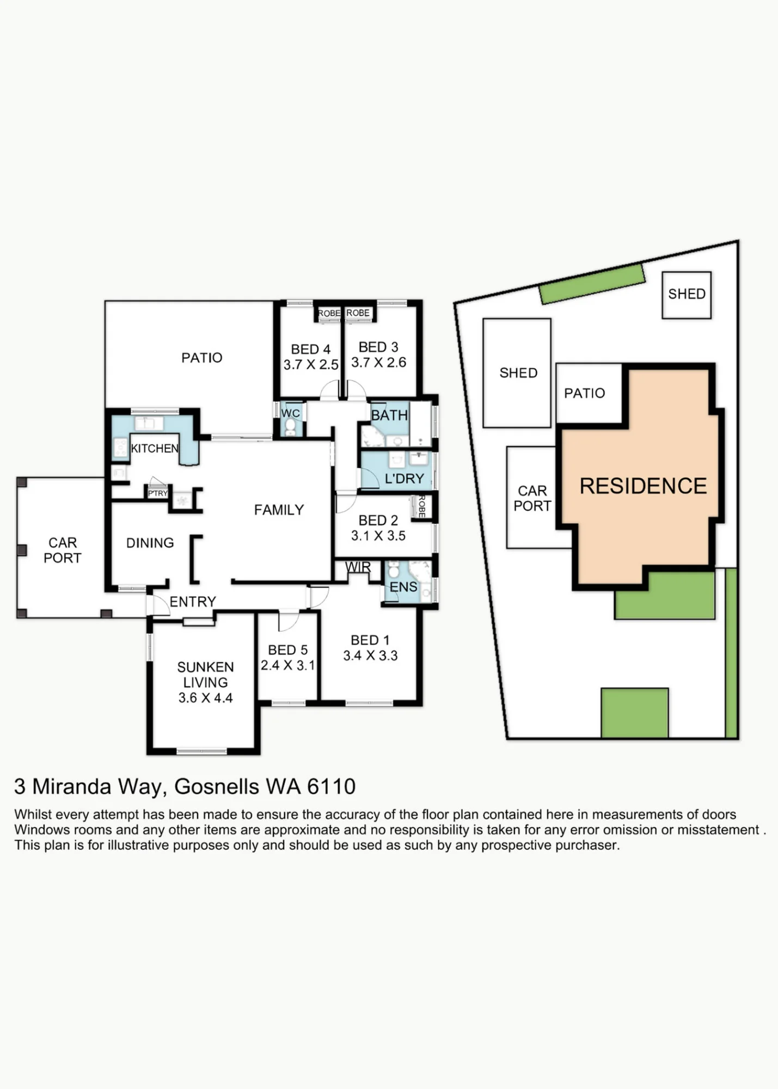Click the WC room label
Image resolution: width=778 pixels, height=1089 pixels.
[291, 413]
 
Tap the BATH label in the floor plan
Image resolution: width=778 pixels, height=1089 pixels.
[389, 415]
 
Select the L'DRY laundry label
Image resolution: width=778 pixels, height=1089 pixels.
[404, 479]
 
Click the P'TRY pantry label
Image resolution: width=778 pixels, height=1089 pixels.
[158, 493]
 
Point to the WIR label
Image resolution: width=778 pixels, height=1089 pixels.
[358, 567]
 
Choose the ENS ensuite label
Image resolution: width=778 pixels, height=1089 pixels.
[403, 587]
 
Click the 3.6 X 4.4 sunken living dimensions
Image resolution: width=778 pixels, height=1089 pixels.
[206, 698]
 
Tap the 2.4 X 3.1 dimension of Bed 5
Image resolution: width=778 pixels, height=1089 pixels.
[288, 665]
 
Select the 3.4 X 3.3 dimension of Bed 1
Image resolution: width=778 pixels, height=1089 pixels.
[370, 656]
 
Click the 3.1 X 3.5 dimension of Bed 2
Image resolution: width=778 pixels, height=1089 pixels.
[378, 536]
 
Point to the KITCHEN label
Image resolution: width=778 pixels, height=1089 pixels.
[155, 449]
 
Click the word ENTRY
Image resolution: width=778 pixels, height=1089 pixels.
[193, 602]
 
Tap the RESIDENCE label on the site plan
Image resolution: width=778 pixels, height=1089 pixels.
[643, 486]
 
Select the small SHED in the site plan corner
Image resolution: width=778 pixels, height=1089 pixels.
[687, 295]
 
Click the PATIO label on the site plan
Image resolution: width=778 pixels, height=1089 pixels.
[585, 393]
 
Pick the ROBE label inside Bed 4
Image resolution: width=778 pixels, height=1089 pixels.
[329, 314]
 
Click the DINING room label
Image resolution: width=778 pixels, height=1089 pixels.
[150, 543]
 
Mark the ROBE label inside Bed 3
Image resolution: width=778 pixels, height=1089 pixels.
[358, 313]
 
